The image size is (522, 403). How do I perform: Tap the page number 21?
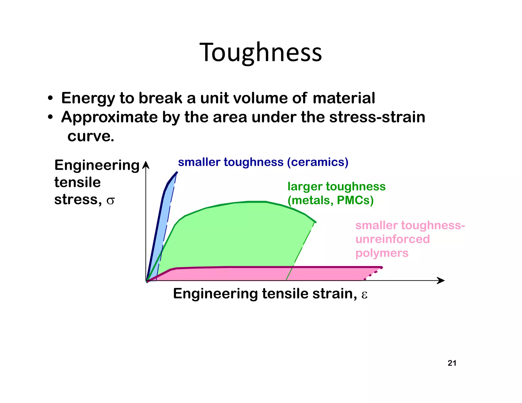452,363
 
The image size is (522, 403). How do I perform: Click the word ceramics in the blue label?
318,162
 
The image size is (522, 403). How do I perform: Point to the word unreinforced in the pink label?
393,239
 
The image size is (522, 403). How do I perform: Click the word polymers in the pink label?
382,253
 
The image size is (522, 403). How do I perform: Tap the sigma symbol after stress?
110,201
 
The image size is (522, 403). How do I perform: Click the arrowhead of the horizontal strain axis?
441,280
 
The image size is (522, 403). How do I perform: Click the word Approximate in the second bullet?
109,117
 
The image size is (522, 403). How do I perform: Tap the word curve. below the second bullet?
91,136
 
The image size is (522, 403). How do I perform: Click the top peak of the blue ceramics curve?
177,173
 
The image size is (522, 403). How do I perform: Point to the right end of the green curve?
315,222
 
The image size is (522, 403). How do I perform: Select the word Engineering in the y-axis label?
97,165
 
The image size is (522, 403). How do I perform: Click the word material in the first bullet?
344,98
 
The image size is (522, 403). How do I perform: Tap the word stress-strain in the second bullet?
377,117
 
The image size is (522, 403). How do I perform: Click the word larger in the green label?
305,187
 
